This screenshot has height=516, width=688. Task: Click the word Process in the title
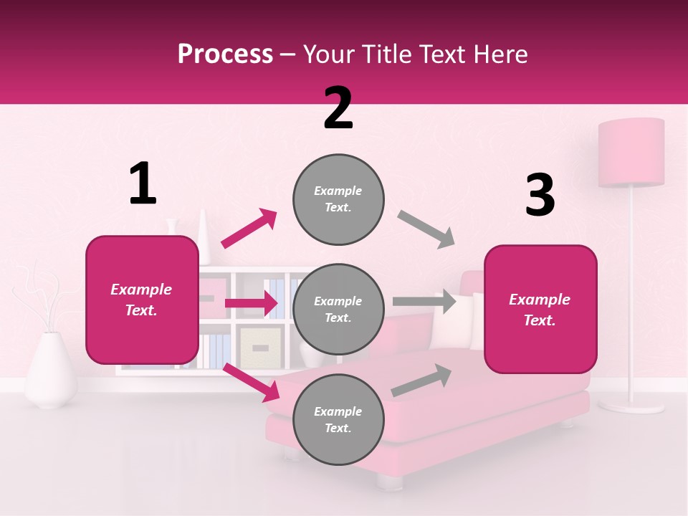pyautogui.click(x=225, y=54)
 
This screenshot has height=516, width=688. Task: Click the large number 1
pyautogui.click(x=143, y=184)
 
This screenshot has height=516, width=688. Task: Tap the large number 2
pyautogui.click(x=338, y=108)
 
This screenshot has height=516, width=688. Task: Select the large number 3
pyautogui.click(x=540, y=196)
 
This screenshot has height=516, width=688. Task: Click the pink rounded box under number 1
pyautogui.click(x=142, y=300)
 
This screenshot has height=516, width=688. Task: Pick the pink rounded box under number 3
pyautogui.click(x=540, y=310)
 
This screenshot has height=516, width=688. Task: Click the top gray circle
pyautogui.click(x=338, y=199)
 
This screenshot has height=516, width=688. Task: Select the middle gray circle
pyautogui.click(x=338, y=310)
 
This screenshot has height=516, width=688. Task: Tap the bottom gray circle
pyautogui.click(x=338, y=419)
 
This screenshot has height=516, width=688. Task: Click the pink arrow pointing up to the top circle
pyautogui.click(x=249, y=229)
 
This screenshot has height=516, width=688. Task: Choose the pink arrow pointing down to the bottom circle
pyautogui.click(x=252, y=383)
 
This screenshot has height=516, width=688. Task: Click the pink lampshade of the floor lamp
pyautogui.click(x=631, y=153)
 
